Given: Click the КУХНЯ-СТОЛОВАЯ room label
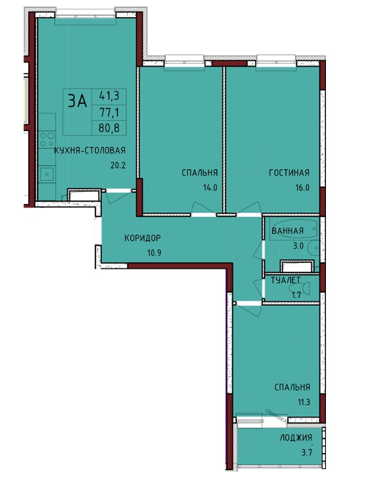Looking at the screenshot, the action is (x=90, y=150).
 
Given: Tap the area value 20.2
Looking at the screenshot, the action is (x=118, y=165).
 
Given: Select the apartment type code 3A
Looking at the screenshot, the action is (x=77, y=101).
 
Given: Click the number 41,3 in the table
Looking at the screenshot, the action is (x=108, y=96).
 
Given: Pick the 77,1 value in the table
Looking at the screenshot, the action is (x=108, y=113).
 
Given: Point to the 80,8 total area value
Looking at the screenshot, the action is (x=108, y=128).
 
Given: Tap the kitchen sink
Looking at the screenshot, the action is (x=47, y=175).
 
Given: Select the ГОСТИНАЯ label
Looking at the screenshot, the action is (x=289, y=173).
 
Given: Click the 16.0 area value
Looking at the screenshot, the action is (x=302, y=187).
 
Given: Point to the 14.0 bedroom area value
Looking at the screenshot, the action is (x=210, y=187).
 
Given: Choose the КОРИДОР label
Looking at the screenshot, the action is (x=143, y=238).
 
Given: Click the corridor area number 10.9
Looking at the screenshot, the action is (x=153, y=252).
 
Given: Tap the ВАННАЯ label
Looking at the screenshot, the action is (x=288, y=231).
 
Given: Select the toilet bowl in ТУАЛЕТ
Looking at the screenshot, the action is (x=300, y=288).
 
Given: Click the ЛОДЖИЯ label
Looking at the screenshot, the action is (x=296, y=437).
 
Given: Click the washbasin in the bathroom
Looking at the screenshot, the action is (x=313, y=249).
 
